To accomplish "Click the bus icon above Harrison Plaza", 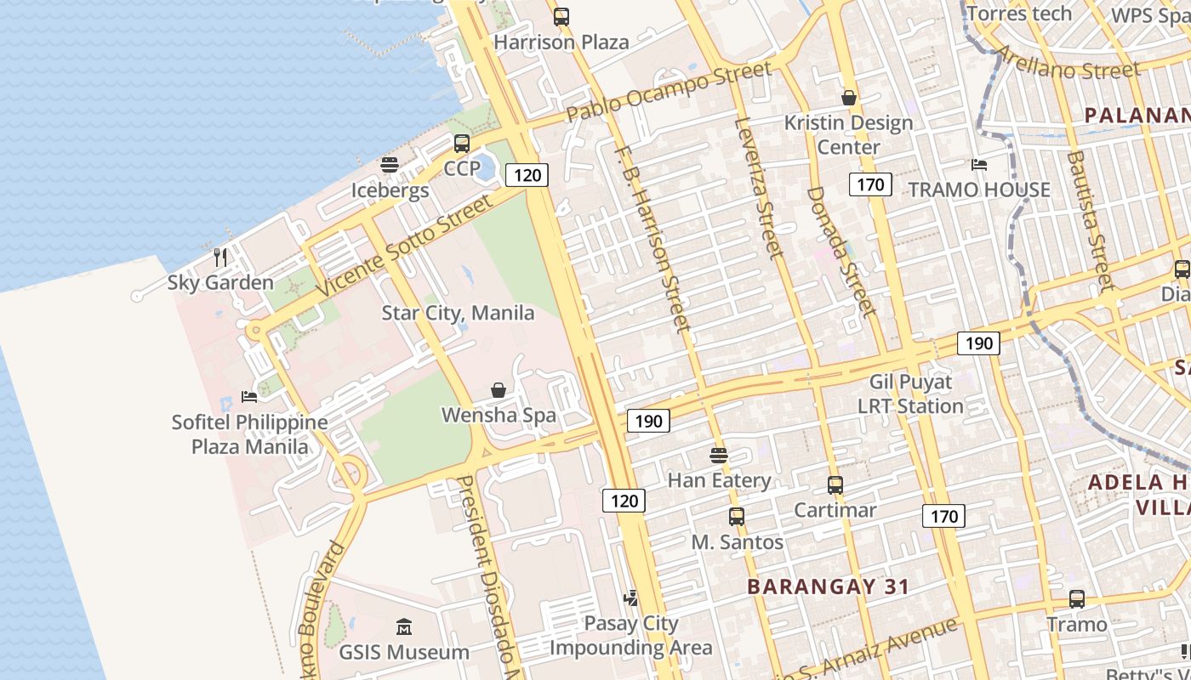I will coord(561,16).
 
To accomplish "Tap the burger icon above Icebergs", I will coord(390,165).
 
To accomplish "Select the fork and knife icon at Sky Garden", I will coord(220,257).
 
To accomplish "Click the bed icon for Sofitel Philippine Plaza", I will coord(248,396).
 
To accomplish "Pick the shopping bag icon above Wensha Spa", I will coord(499,390).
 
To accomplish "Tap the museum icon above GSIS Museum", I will coord(404,627).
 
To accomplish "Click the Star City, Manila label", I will coord(458,313).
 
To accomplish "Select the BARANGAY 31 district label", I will coord(828,586).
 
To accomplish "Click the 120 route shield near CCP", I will coord(527,175).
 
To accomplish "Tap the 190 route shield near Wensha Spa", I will coord(648,420).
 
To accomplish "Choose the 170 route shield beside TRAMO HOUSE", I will coord(870,184).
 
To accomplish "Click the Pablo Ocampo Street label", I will coord(669,91).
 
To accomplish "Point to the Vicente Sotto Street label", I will coord(404,246).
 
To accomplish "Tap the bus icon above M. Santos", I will coord(736,516).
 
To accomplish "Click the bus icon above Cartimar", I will coord(835,485).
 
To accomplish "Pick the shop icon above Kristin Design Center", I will coord(848,98).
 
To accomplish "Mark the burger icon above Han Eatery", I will coord(719,455).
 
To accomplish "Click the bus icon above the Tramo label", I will coord(1077,598).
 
